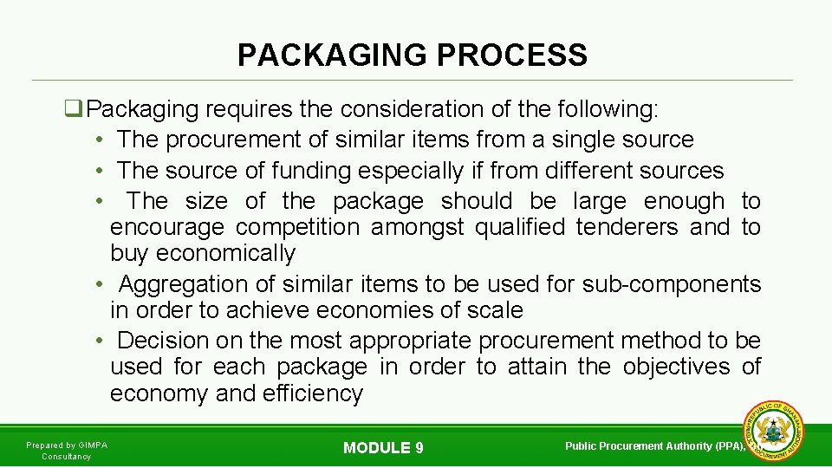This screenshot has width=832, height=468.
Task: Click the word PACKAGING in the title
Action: pyautogui.click(x=333, y=55)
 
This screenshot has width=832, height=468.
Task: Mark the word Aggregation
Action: pyautogui.click(x=179, y=284)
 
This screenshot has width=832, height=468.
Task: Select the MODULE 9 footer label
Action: pyautogui.click(x=383, y=448)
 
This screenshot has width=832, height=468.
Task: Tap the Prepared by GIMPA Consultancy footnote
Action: pyautogui.click(x=67, y=451)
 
